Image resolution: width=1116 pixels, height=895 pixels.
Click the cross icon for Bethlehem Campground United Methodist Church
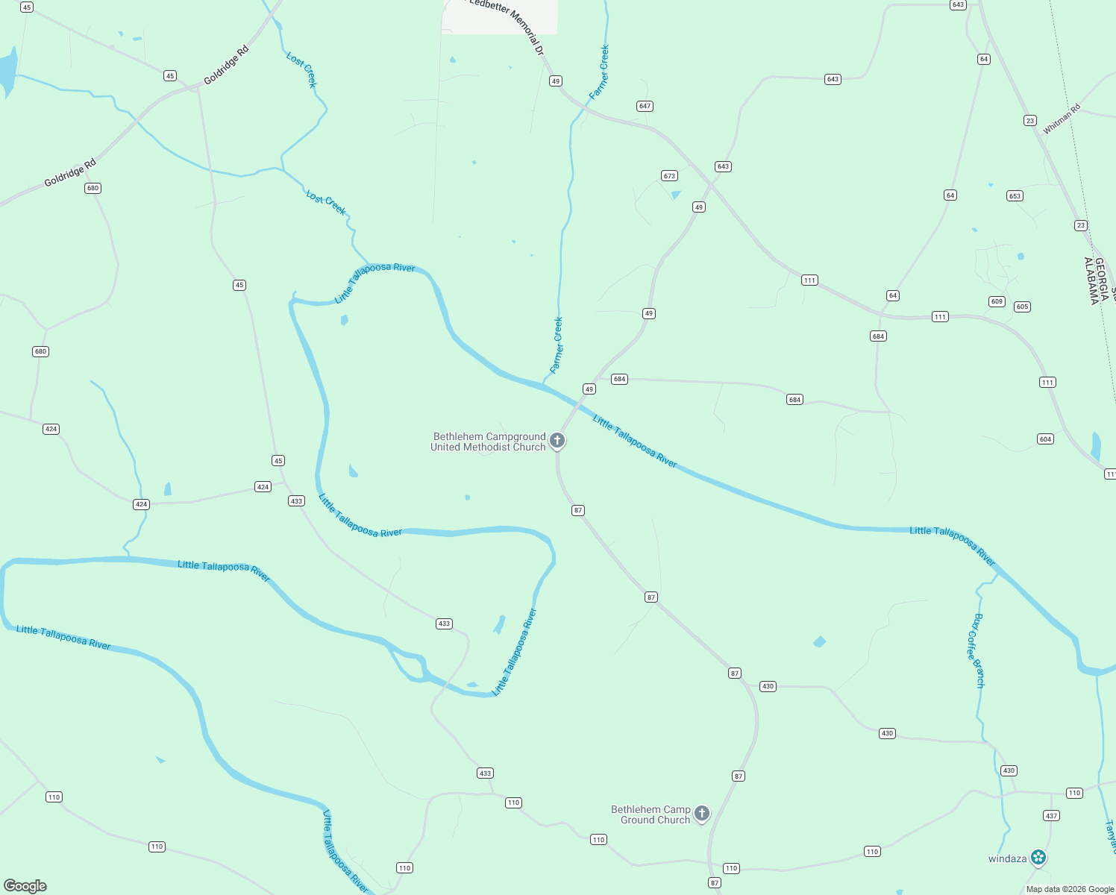coord(557,441)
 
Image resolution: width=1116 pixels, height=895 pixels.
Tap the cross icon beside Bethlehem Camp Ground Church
coord(701,813)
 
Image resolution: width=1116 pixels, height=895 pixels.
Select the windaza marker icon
coord(1038,858)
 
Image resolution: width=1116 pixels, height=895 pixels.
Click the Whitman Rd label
coord(1061,119)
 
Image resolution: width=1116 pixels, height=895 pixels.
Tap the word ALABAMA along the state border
coord(1091,281)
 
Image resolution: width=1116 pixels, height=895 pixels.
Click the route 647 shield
coord(645,106)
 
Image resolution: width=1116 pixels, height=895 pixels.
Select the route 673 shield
coord(669,176)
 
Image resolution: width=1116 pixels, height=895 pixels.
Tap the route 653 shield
coord(1015,196)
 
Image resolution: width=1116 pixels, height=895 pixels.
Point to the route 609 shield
coord(997,301)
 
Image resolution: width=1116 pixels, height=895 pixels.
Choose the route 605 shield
coord(1022,307)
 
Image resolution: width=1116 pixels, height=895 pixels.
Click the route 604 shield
coord(1045,439)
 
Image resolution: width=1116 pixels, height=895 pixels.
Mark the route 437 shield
coord(1051,816)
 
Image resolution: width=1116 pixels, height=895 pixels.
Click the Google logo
coord(25,886)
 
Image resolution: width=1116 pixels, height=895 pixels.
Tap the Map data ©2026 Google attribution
coord(1070,889)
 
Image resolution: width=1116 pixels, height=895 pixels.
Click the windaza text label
coord(1007,858)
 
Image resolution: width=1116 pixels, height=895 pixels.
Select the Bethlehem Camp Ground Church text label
coord(651,814)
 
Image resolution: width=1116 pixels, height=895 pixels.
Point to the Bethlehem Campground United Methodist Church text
coord(489,442)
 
